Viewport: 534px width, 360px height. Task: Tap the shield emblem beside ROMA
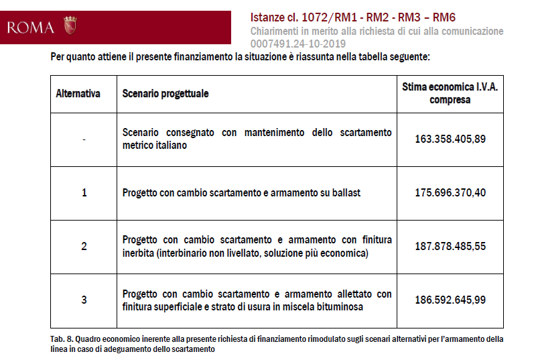(x=70, y=25)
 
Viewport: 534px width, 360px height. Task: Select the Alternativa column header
(x=78, y=93)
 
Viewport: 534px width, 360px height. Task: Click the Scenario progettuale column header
(x=165, y=93)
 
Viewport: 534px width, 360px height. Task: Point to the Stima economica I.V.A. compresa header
(x=450, y=93)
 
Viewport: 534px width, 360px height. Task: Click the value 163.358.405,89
(x=450, y=139)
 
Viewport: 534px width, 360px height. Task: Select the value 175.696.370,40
(x=450, y=192)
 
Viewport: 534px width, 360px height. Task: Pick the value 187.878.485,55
(x=450, y=246)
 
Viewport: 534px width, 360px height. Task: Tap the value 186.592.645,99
(x=450, y=300)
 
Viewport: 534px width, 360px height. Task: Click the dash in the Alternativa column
(x=84, y=139)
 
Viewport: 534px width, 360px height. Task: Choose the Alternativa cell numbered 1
(x=84, y=192)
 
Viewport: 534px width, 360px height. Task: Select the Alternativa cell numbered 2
(x=84, y=246)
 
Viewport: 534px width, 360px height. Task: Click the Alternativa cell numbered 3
(x=84, y=300)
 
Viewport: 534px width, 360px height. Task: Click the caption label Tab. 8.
(x=61, y=339)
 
